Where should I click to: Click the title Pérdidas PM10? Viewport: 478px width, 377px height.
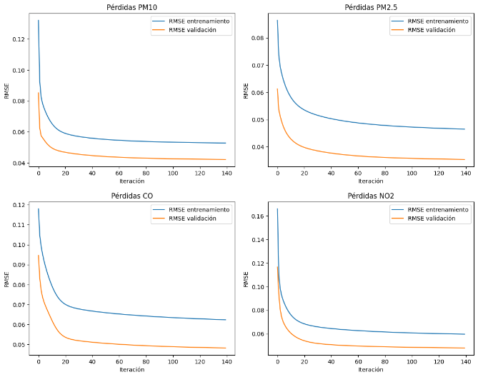pyautogui.click(x=131, y=8)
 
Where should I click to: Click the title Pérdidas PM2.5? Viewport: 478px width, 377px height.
pyautogui.click(x=371, y=8)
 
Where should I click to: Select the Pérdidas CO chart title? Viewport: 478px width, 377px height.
pyautogui.click(x=131, y=195)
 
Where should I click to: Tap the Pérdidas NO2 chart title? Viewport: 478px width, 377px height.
pyautogui.click(x=371, y=195)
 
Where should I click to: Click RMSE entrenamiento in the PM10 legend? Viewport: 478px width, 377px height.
pyautogui.click(x=199, y=21)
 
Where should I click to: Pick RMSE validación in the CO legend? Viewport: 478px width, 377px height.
pyautogui.click(x=192, y=218)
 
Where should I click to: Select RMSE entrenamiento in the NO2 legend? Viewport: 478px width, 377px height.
pyautogui.click(x=438, y=209)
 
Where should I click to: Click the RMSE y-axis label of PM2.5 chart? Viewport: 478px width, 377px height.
pyautogui.click(x=246, y=91)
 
